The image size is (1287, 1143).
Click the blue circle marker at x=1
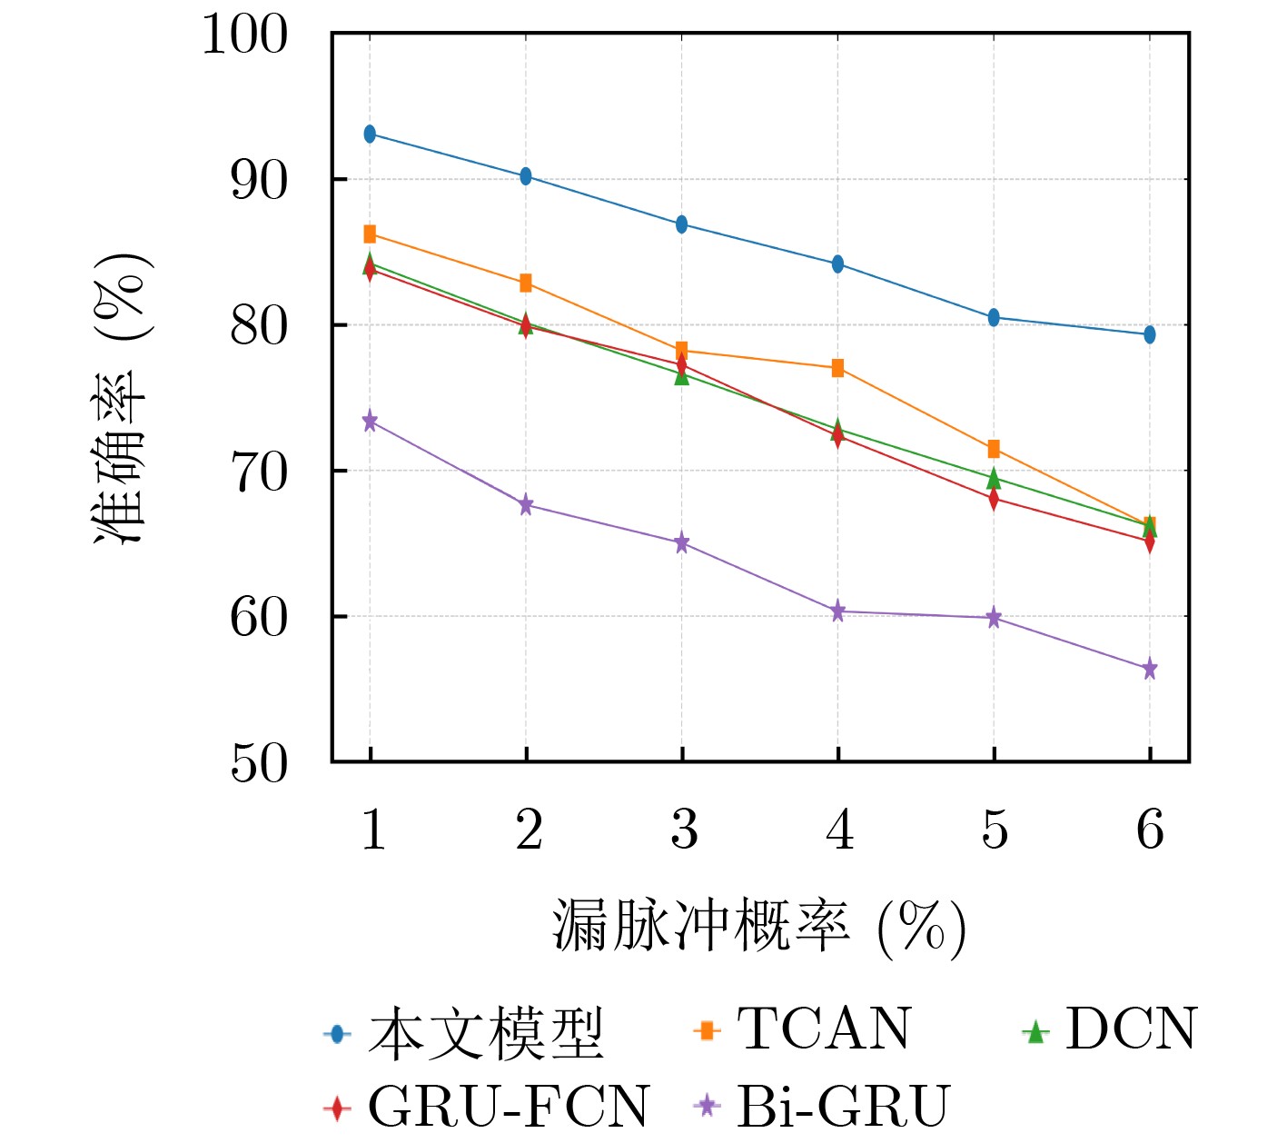(x=370, y=134)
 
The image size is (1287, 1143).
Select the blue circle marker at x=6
(x=1150, y=334)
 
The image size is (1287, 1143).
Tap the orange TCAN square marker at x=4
(x=837, y=368)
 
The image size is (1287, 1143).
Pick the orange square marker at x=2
(x=526, y=283)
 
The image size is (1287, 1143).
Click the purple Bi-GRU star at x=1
(x=370, y=422)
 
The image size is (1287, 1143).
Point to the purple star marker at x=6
(x=1150, y=670)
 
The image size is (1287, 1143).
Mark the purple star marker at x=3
(x=682, y=543)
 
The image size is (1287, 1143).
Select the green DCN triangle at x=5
(x=994, y=478)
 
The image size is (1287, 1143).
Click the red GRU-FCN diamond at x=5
(x=994, y=499)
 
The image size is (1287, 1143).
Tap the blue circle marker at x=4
(x=837, y=264)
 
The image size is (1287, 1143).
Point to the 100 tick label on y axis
(x=244, y=36)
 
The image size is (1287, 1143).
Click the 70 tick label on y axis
(x=258, y=472)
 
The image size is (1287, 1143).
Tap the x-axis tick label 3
(x=683, y=829)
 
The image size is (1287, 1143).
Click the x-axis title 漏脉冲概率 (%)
(x=758, y=927)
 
